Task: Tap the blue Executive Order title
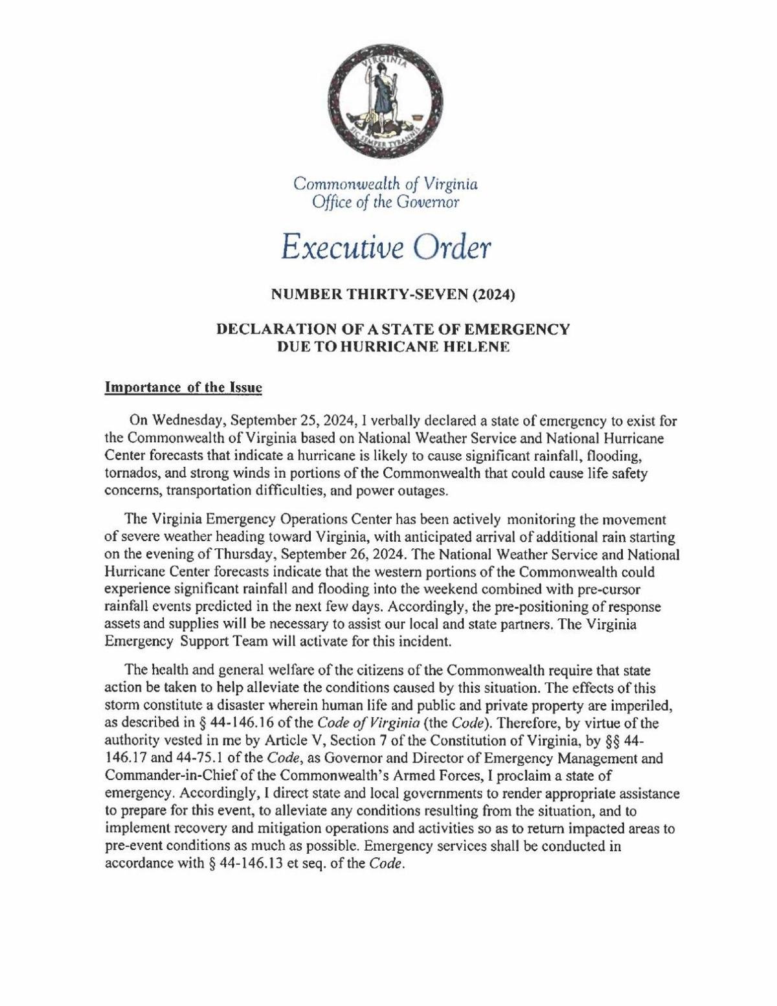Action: tap(387, 247)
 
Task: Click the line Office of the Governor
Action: tap(386, 203)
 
